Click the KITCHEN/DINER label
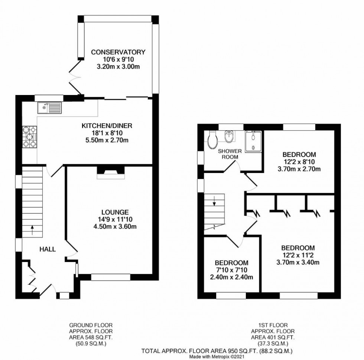click(x=107, y=126)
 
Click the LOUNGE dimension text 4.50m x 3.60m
click(x=116, y=226)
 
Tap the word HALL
click(x=48, y=249)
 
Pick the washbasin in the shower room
click(x=229, y=137)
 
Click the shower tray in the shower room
click(x=253, y=141)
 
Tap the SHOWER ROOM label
click(x=230, y=154)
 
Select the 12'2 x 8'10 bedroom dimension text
click(x=299, y=162)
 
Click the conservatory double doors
click(x=77, y=76)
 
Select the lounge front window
click(x=111, y=277)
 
